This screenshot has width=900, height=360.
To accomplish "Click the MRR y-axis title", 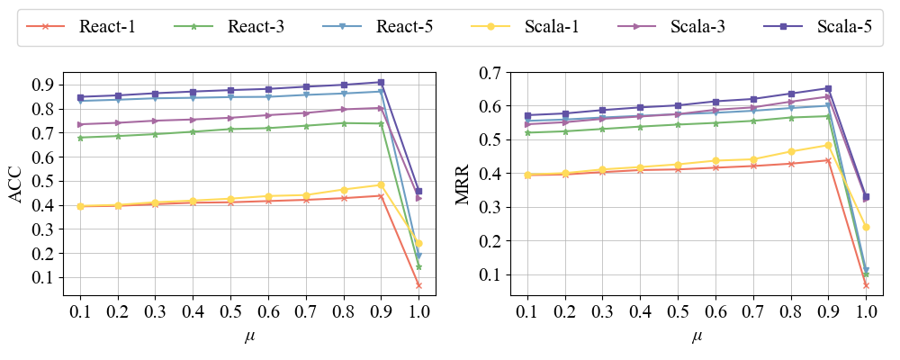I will [x=463, y=184].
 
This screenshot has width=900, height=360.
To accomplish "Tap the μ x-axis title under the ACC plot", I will [x=249, y=337].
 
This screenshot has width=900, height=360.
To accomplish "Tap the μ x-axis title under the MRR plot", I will [x=697, y=337].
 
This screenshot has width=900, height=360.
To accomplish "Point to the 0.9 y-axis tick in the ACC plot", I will [x=43, y=85].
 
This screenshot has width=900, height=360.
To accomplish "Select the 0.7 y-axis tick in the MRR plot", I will [x=491, y=72].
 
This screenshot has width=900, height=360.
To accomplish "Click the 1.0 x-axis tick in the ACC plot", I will [x=418, y=312].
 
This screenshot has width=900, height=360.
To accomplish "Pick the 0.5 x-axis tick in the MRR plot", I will [x=679, y=312].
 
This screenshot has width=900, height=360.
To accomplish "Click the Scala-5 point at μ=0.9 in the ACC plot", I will [x=381, y=82].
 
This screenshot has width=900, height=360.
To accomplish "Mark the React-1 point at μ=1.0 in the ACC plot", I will [x=418, y=285].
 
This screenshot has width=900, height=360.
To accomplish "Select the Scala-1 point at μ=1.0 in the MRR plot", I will [x=866, y=227].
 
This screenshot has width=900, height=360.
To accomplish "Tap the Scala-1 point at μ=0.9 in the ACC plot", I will [x=381, y=184].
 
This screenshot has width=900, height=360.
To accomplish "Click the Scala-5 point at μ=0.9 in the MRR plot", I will [x=828, y=88].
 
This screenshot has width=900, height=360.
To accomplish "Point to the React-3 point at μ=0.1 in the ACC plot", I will [x=80, y=138].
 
